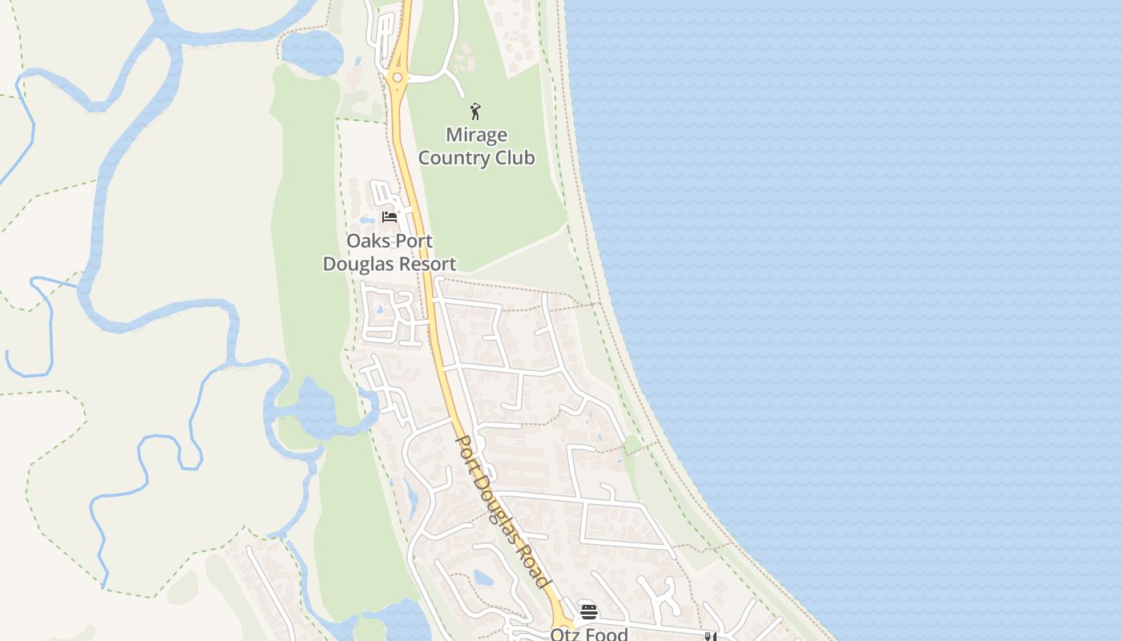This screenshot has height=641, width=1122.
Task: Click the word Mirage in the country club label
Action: (476, 135)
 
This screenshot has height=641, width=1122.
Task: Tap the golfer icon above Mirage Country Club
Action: (475, 111)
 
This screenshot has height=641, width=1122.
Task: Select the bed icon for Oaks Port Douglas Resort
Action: (389, 216)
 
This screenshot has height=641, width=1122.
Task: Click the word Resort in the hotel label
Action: (429, 264)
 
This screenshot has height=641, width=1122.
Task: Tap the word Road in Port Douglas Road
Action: (533, 567)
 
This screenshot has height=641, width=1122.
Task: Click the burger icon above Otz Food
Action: (589, 612)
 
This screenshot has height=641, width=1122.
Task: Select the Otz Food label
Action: (588, 634)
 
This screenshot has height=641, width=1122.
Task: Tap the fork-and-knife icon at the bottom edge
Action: (709, 636)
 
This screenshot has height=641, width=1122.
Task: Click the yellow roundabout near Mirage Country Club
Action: (397, 78)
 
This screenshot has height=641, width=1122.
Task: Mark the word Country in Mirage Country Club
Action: (454, 158)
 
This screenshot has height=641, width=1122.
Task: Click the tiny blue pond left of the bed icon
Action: (366, 220)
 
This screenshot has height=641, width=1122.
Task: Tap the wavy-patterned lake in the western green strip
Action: (309, 408)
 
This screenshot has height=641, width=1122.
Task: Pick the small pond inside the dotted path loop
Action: (482, 577)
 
